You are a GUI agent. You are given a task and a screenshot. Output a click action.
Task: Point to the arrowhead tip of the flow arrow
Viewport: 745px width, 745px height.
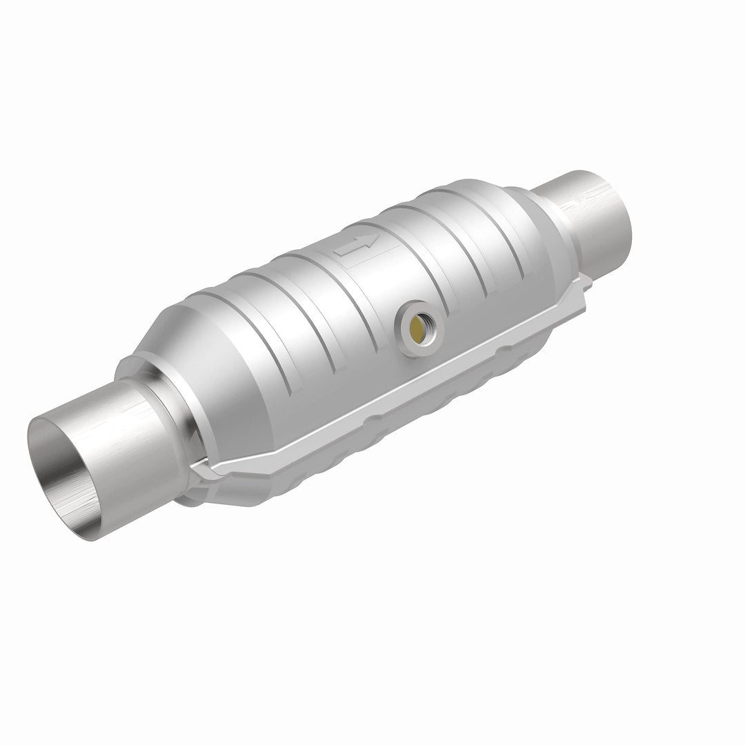tap(377, 239)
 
